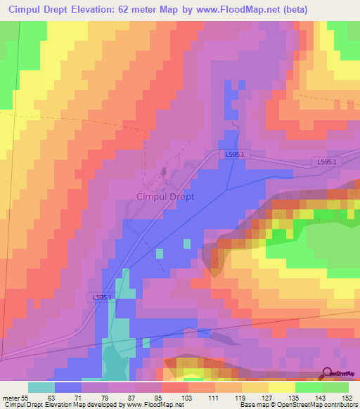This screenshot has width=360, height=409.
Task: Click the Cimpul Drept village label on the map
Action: pyautogui.click(x=165, y=197)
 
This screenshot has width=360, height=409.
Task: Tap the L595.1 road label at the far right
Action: pyautogui.click(x=326, y=162)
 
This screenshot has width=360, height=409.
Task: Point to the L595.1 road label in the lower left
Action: pyautogui.click(x=102, y=297)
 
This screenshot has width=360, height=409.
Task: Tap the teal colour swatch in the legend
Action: pyautogui.click(x=41, y=387)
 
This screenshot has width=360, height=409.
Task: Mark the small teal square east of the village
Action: pyautogui.click(x=186, y=244)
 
